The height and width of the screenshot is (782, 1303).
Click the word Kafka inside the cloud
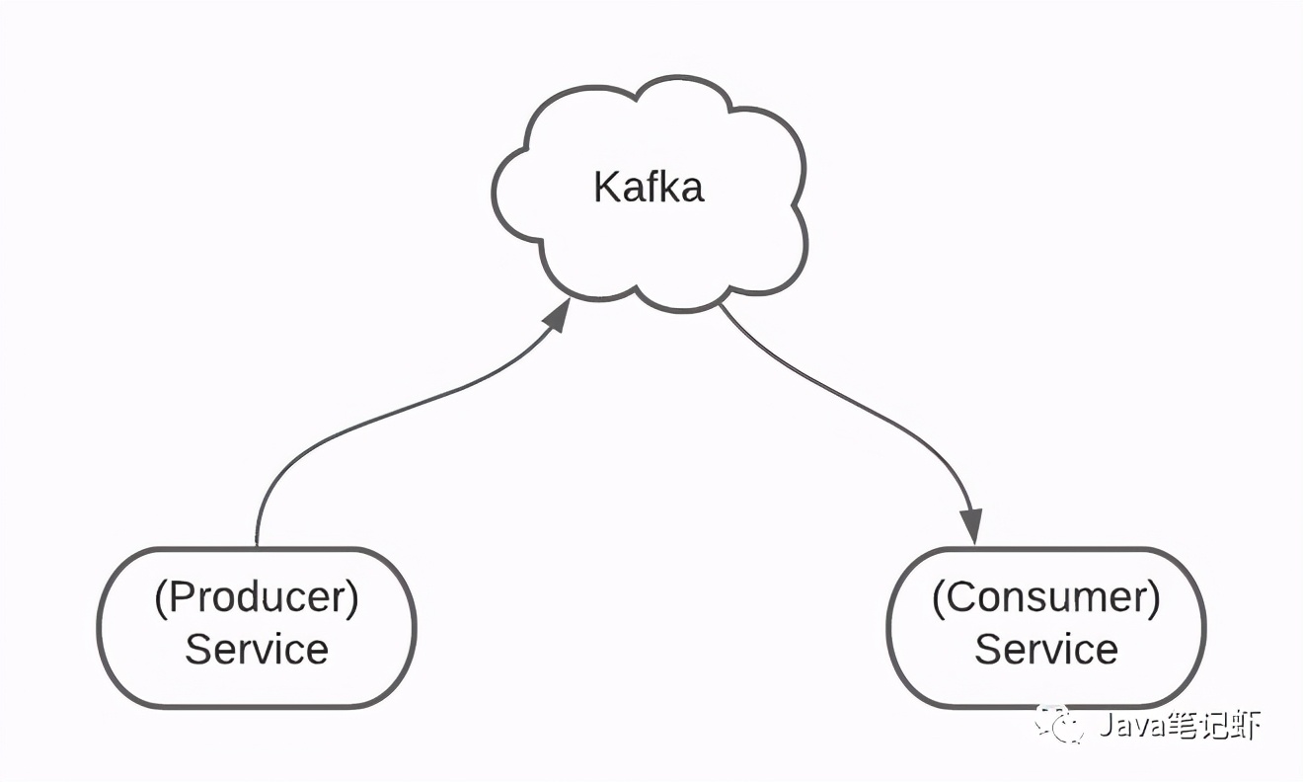[649, 187]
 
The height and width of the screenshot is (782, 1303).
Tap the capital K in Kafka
[605, 187]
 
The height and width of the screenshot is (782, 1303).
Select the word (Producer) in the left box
[257, 598]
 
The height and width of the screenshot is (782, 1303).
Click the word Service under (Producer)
[257, 650]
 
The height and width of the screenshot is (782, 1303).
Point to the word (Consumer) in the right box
[1046, 598]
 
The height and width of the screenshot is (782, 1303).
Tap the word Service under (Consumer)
[1046, 650]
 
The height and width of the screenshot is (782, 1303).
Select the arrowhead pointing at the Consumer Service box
[973, 526]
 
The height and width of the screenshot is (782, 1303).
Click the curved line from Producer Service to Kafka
[375, 415]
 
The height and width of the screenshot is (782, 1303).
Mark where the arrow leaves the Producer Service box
[257, 543]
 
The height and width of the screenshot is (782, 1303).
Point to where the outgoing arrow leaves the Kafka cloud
[721, 305]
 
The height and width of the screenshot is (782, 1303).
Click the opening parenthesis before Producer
[161, 599]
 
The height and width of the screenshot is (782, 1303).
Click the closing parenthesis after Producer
[352, 599]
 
